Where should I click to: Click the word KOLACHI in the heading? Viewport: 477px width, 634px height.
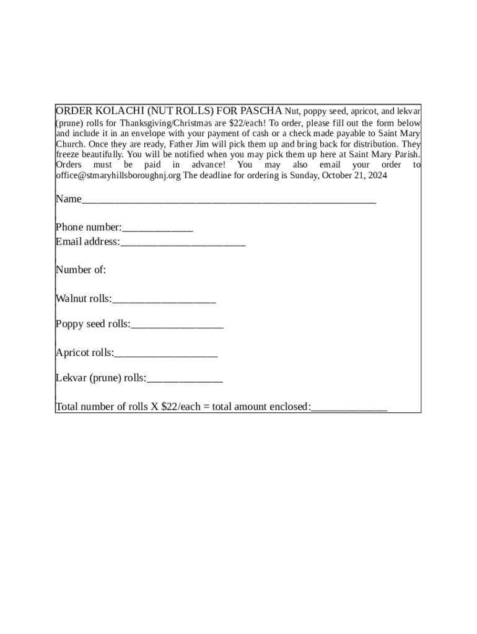(105, 111)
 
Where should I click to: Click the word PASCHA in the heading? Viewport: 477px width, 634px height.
(261, 111)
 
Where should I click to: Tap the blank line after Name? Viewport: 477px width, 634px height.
(229, 200)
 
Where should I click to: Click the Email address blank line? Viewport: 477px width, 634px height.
(183, 243)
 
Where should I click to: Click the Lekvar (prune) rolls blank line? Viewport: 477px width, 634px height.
(185, 379)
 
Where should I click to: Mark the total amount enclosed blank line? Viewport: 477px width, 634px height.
(349, 408)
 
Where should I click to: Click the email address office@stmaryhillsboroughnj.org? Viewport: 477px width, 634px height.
(118, 175)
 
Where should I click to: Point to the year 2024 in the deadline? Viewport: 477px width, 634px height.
(377, 175)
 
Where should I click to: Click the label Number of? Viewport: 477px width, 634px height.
(81, 270)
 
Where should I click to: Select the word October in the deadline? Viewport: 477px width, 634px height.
(335, 175)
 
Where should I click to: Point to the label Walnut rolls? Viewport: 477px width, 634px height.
(84, 299)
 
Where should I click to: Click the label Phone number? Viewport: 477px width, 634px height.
(89, 227)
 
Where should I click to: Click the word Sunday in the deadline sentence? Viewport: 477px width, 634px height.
(304, 175)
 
